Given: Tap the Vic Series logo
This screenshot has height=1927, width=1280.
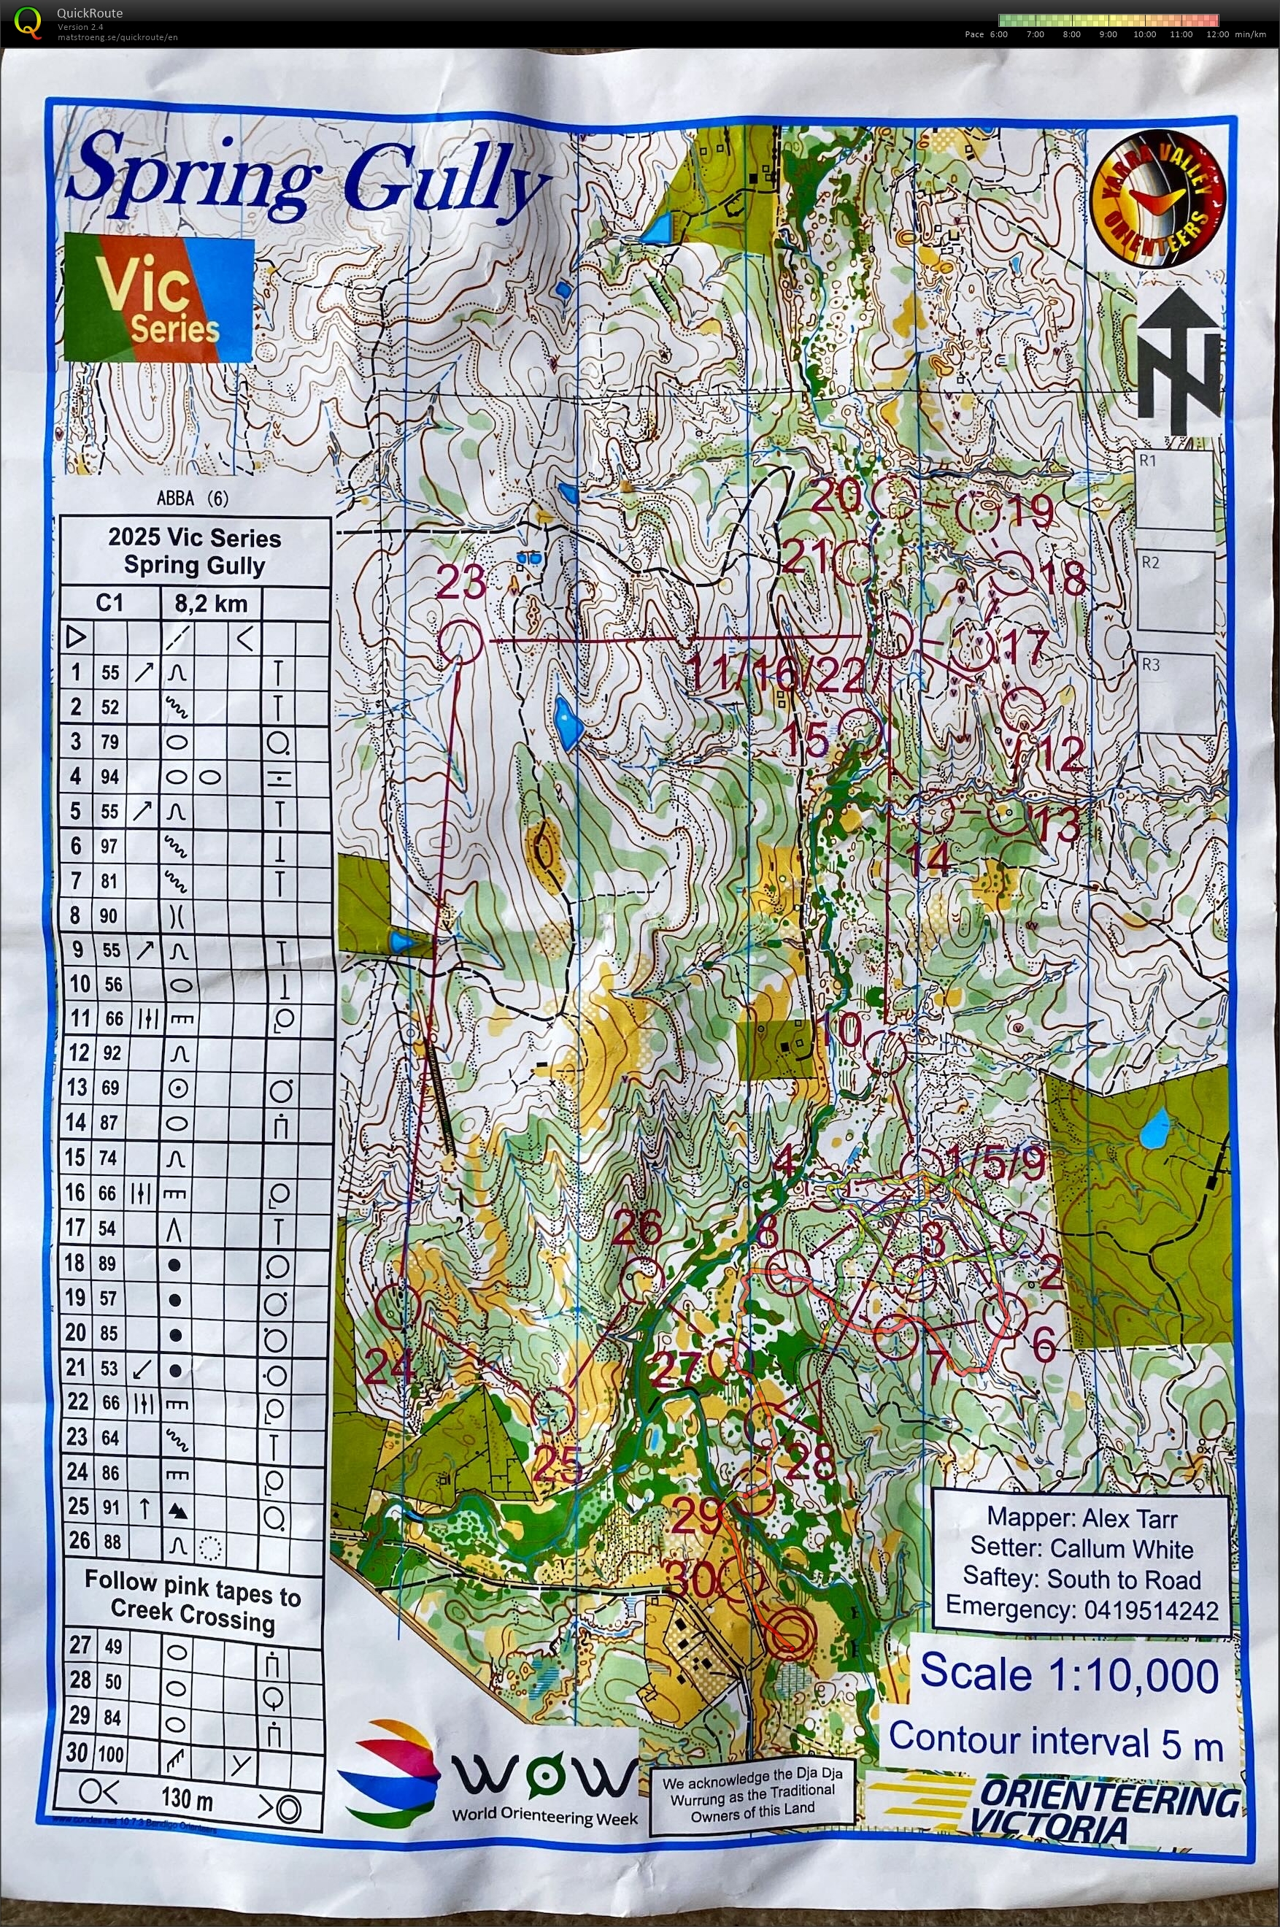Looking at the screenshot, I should coord(159,298).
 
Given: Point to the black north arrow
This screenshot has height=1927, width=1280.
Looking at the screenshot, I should coord(1179,359).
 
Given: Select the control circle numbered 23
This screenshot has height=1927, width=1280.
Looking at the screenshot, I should coord(460,640).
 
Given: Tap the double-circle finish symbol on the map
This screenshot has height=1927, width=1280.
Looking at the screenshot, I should coord(790,1631).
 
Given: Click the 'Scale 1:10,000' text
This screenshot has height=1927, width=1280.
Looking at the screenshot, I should coord(1068,1674).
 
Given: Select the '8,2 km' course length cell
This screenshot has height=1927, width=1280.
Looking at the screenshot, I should coord(211,604).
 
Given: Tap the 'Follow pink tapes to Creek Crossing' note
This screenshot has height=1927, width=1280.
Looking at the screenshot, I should coord(193,1597).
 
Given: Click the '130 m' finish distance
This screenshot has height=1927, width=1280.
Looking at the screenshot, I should coord(188,1798).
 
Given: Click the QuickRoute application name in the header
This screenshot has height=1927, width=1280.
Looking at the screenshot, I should coord(90,12).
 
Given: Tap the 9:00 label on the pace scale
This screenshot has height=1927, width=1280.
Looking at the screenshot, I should coord(1108,34).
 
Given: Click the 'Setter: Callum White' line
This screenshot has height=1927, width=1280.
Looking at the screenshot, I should coord(1081,1549).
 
